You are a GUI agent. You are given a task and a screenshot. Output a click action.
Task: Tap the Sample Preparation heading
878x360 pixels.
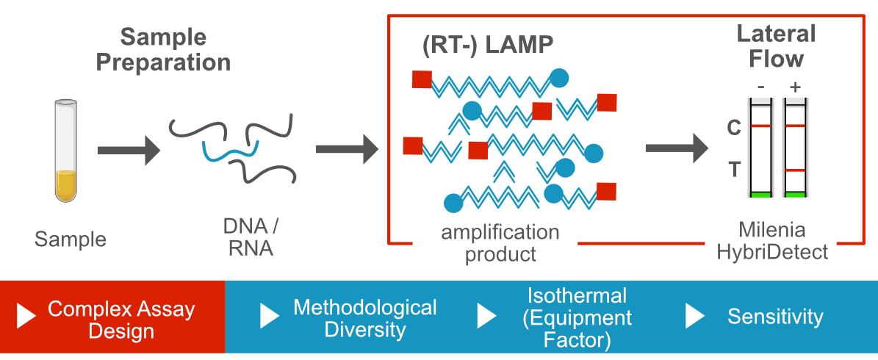pyautogui.click(x=163, y=49)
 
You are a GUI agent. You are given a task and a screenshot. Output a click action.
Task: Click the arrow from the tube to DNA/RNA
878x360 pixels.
pyautogui.click(x=128, y=150)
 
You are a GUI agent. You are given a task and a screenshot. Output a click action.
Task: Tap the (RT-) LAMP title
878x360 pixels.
pyautogui.click(x=487, y=45)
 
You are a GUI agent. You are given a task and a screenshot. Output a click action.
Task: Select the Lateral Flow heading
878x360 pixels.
pyautogui.click(x=776, y=46)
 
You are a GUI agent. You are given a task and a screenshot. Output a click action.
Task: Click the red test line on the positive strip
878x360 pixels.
pyautogui.click(x=795, y=170)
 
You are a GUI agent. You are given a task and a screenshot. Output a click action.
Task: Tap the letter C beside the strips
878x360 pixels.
pyautogui.click(x=733, y=128)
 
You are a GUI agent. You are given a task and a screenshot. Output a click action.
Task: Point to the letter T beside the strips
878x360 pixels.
pyautogui.click(x=733, y=170)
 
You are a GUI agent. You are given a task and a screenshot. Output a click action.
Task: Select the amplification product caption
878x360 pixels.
pyautogui.click(x=500, y=243)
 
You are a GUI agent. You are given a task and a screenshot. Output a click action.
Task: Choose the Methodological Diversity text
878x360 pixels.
pyautogui.click(x=364, y=317)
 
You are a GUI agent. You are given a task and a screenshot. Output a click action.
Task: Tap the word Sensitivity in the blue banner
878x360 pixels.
pyautogui.click(x=775, y=317)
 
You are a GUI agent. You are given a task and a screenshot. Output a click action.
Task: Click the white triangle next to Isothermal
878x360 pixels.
pyautogui.click(x=486, y=316)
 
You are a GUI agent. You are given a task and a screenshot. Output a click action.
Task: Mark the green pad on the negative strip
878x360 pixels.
pyautogui.click(x=761, y=195)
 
